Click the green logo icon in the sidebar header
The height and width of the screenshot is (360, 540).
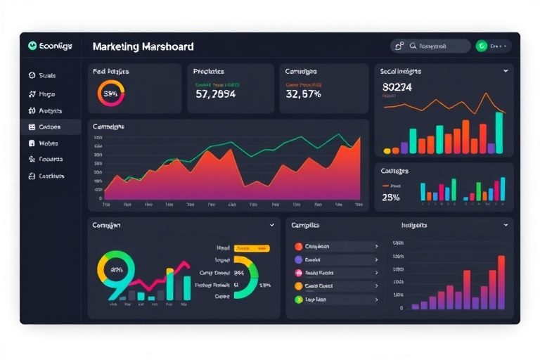(x=32, y=46)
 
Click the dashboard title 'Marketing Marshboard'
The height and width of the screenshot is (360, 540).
(x=143, y=46)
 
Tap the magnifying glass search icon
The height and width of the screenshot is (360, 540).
(x=413, y=46)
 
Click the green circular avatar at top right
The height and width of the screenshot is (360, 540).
(x=482, y=46)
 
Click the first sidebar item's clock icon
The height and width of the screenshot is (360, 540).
(x=32, y=75)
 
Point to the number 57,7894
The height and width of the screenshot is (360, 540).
(x=215, y=94)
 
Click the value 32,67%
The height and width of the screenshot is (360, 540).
(x=304, y=94)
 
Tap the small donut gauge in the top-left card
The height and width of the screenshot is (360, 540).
(x=111, y=93)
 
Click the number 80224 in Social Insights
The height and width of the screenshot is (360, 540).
(x=397, y=87)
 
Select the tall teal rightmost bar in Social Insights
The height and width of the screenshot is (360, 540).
(x=499, y=132)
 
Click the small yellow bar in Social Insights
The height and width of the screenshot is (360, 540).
(x=387, y=150)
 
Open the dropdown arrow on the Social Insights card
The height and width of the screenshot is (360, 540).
(x=506, y=71)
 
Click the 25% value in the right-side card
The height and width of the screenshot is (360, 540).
(x=391, y=198)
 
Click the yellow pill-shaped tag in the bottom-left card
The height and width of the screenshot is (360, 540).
(x=252, y=248)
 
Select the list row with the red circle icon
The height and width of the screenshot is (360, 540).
(x=336, y=247)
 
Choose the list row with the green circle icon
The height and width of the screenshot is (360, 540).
(x=336, y=300)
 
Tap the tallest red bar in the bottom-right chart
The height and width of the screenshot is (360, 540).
(x=501, y=282)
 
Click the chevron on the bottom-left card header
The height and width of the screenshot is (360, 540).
(x=272, y=226)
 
